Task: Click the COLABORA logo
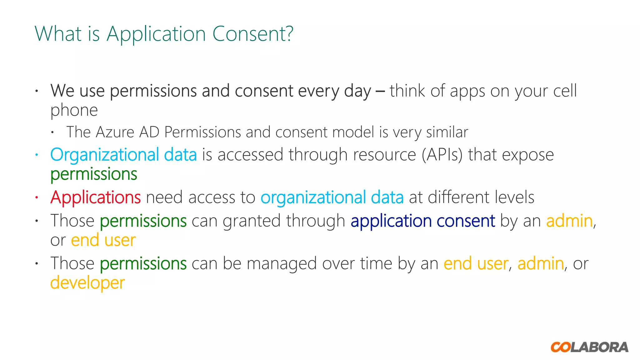pos(589,347)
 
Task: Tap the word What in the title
pos(58,34)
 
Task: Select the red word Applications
pos(96,197)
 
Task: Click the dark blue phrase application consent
pos(423,221)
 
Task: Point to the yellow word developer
pos(87,283)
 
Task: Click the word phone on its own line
pos(74,110)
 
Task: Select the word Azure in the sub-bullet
pos(115,132)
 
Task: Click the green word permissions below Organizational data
pos(94,174)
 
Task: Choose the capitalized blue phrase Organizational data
pos(123,155)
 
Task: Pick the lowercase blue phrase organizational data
pos(332,197)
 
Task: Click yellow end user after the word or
pos(103,240)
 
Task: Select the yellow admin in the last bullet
pos(541,263)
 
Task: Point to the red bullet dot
pos(37,197)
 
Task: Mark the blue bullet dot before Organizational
pos(37,155)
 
